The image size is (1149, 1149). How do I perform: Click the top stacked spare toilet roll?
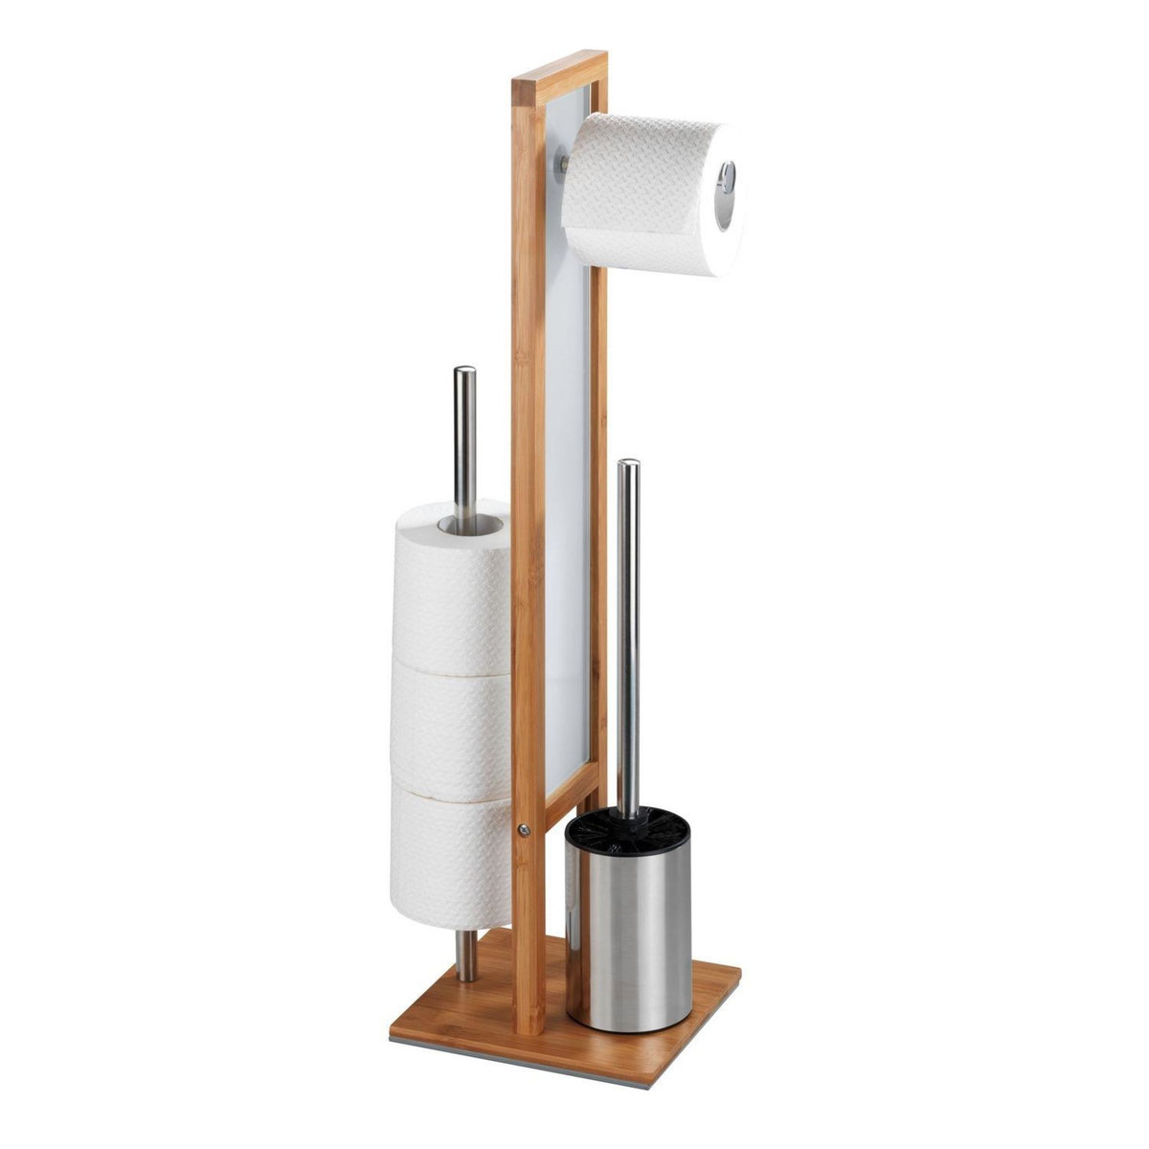pos(450,584)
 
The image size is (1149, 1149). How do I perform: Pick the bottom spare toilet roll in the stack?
pos(450,857)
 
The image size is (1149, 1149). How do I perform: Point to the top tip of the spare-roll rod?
pos(464,372)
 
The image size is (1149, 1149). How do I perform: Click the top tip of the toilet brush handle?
pos(628,465)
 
